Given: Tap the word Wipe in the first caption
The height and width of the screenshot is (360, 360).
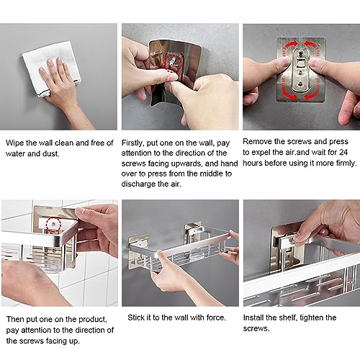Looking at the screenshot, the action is (x=14, y=143).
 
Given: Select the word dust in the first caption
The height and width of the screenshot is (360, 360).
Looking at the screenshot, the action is (x=50, y=153).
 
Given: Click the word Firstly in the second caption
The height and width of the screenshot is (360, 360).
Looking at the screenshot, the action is (x=132, y=143).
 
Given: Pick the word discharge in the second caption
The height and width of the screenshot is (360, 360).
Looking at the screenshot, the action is (x=138, y=184).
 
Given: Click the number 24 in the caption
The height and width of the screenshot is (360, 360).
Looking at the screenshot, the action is (x=343, y=152).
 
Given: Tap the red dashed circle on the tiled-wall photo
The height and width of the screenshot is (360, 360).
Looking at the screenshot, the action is (x=53, y=225).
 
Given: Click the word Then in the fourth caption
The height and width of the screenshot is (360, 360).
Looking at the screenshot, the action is (x=15, y=319).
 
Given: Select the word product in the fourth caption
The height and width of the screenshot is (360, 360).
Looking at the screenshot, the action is (x=93, y=320).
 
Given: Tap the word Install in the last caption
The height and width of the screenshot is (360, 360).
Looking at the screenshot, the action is (x=253, y=318).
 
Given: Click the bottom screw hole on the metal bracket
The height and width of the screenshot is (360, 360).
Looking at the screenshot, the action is (x=300, y=84).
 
